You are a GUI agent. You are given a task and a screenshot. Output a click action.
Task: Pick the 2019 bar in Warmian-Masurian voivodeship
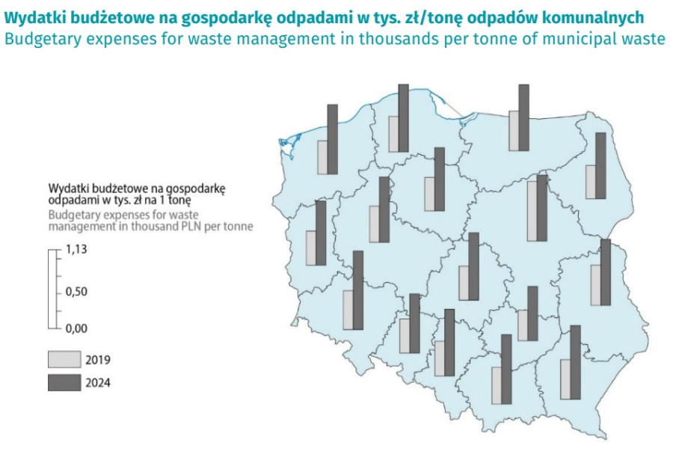[x=514, y=130]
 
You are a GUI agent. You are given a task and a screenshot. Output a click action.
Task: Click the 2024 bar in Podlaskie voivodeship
[x=600, y=165]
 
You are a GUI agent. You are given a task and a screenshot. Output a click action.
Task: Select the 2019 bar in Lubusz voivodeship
[x=310, y=248]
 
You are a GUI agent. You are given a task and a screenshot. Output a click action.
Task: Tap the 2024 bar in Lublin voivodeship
[x=605, y=272]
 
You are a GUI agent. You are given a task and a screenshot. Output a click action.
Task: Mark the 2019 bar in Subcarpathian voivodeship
[x=565, y=379]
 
